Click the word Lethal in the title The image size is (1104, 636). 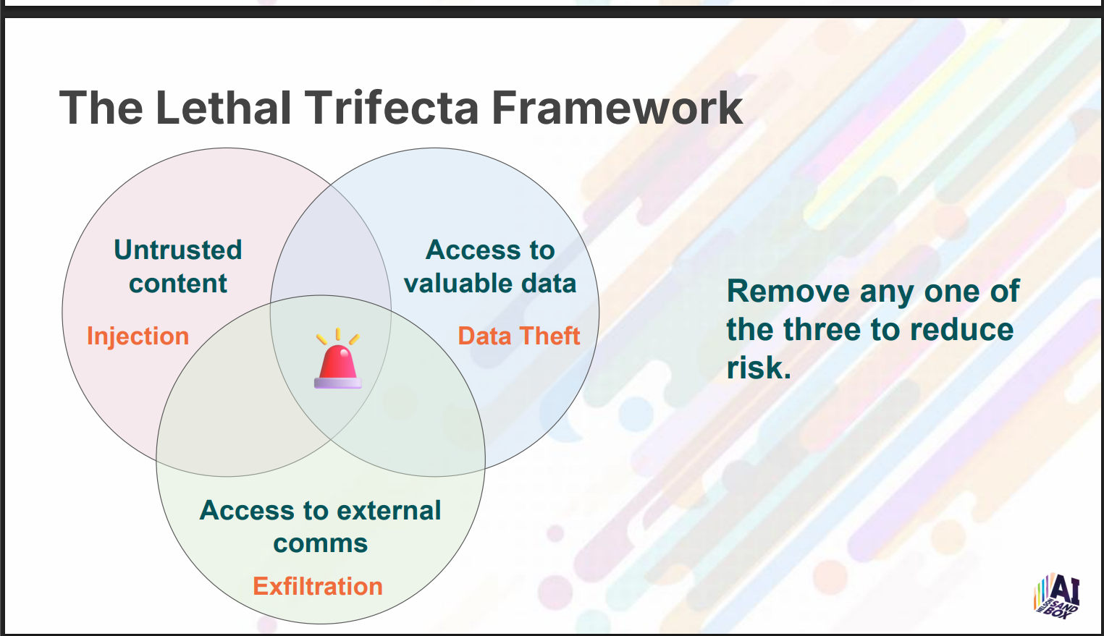click(x=223, y=107)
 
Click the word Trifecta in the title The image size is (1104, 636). click(x=392, y=107)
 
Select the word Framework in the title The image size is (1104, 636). click(x=617, y=107)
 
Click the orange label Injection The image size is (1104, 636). click(x=138, y=336)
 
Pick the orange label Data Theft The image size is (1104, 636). click(x=519, y=336)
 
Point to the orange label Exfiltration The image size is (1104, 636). click(x=318, y=586)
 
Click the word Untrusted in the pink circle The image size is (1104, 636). click(x=178, y=250)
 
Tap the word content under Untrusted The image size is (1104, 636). click(x=178, y=284)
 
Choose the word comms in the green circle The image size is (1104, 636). click(x=321, y=544)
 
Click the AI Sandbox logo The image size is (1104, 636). click(x=1057, y=596)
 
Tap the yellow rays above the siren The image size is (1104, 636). click(x=337, y=336)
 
